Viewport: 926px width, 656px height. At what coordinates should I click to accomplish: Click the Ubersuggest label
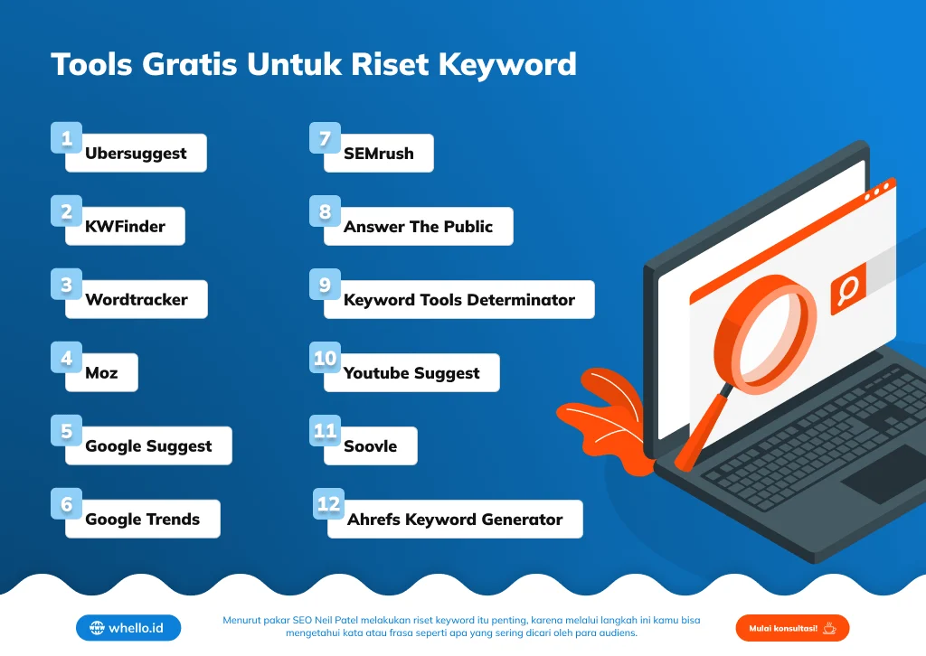(x=136, y=154)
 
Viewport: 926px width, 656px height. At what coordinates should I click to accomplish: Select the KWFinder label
(x=125, y=227)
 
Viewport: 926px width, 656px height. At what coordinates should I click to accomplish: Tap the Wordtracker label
(x=136, y=300)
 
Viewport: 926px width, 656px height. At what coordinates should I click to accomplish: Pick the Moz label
(x=101, y=373)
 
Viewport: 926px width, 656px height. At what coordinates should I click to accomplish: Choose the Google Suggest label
(x=148, y=446)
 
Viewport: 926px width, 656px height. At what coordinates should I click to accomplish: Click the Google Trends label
(x=142, y=520)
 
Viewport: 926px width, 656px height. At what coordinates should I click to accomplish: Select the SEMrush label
(x=378, y=154)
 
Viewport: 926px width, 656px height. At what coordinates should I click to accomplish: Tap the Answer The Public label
(x=418, y=227)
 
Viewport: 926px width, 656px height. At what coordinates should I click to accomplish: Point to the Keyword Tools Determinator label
(x=458, y=300)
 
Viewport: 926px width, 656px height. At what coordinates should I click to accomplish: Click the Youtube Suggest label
(x=411, y=373)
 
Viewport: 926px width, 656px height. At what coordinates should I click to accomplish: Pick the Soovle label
(x=370, y=446)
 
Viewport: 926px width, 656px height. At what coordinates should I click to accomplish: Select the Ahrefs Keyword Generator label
(x=454, y=520)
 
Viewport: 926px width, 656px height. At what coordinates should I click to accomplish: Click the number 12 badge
(x=329, y=503)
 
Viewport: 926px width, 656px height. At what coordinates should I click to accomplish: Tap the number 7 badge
(x=325, y=138)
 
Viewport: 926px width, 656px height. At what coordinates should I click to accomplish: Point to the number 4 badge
(x=66, y=358)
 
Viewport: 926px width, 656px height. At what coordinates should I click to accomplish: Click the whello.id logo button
(x=128, y=628)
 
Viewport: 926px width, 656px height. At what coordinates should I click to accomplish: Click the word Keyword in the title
(x=507, y=64)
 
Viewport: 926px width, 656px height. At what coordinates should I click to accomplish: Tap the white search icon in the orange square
(x=848, y=290)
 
